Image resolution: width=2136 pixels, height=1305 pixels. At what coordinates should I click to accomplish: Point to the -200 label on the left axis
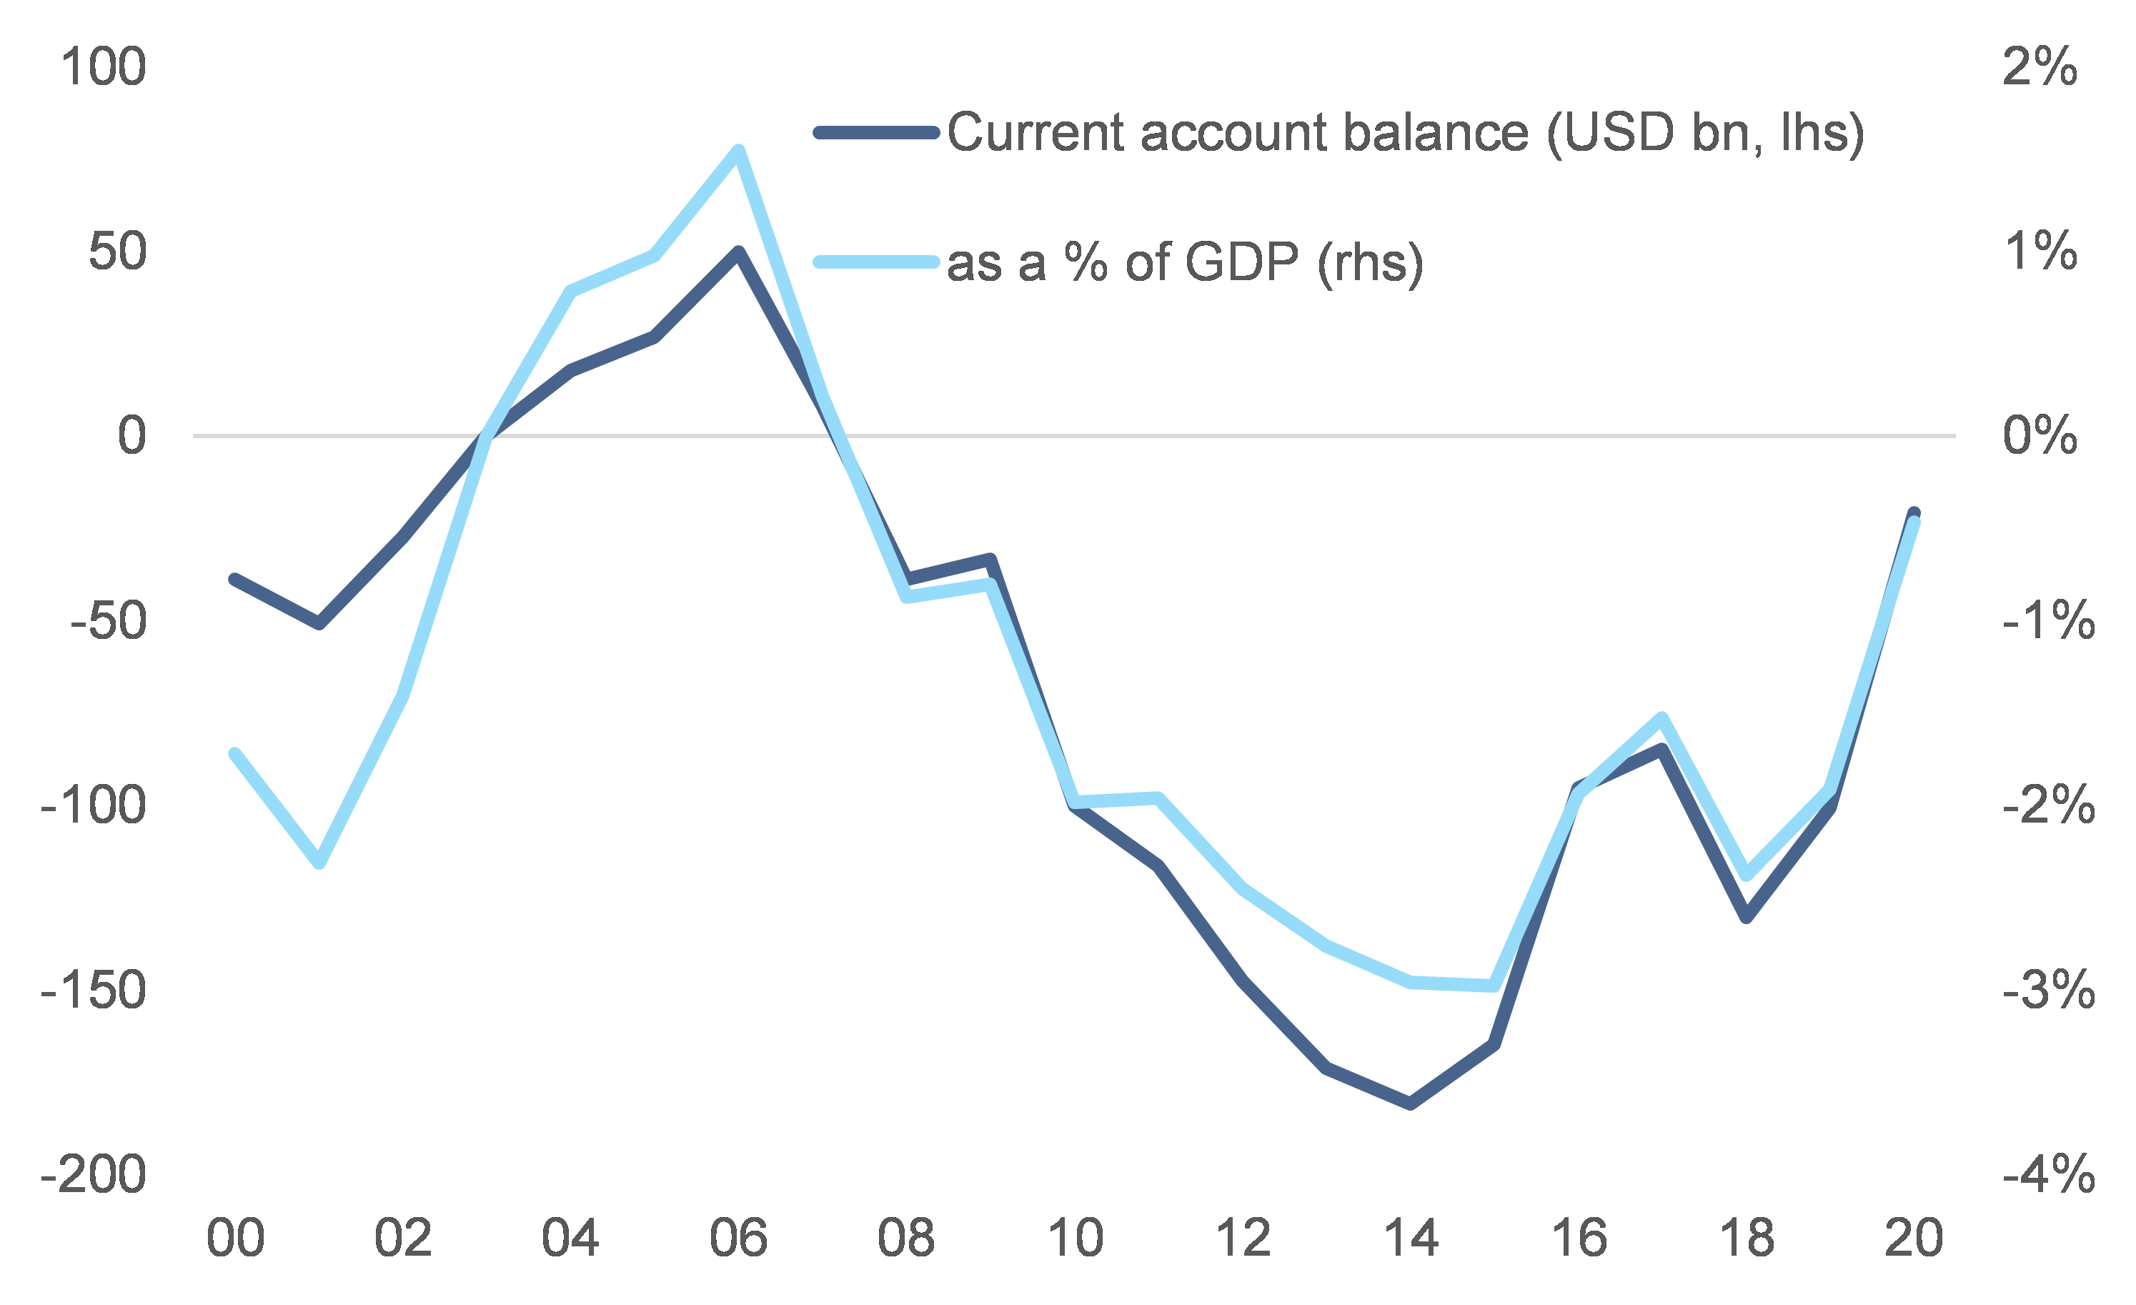(94, 1175)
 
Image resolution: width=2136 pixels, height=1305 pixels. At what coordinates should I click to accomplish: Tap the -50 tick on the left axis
(109, 621)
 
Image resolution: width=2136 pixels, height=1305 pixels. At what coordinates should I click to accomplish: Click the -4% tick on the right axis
(2047, 1175)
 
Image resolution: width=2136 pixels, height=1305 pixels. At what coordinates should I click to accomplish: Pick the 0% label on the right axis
(2039, 435)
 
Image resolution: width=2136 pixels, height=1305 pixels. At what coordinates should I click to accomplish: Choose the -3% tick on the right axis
(2047, 991)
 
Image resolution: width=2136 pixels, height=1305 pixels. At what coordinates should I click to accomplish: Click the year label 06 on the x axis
(737, 1239)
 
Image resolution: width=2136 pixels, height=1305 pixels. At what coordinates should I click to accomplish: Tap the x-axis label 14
(1411, 1239)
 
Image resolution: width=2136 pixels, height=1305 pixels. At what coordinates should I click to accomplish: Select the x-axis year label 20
(1914, 1239)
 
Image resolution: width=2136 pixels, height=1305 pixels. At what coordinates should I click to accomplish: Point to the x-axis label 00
(235, 1239)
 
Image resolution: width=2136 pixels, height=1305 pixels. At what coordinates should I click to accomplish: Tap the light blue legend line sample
(876, 261)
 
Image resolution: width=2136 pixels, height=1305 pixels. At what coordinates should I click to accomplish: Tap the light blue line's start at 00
(235, 753)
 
